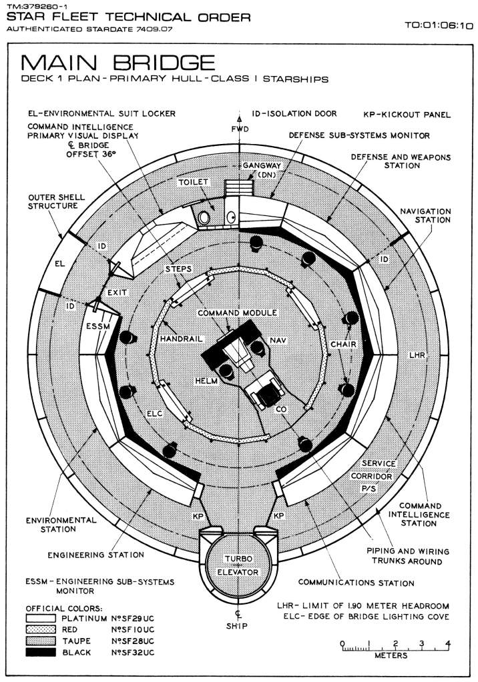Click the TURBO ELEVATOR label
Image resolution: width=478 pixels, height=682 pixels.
[240, 565]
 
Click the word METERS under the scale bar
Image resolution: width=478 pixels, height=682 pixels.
[392, 656]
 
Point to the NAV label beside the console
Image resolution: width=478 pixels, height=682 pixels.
[278, 341]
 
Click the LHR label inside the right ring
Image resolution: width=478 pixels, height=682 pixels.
[417, 355]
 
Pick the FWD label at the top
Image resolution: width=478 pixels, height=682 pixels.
[240, 128]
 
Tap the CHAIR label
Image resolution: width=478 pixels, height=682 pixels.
[342, 344]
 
